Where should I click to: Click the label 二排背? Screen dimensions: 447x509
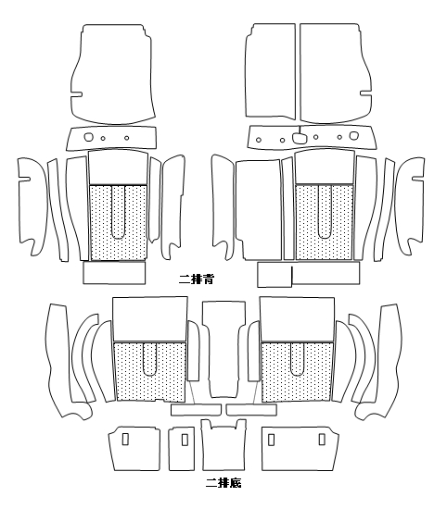pos(197,279)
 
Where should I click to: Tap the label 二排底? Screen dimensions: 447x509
pos(223,483)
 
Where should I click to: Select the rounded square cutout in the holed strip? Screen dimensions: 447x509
pos(300,138)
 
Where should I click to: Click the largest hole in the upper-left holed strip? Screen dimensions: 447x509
pos(89,137)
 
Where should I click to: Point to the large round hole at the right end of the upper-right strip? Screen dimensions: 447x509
pos(353,135)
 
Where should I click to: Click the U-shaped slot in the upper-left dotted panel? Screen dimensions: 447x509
pos(119,212)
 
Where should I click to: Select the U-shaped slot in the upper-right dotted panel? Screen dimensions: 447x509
pos(325,212)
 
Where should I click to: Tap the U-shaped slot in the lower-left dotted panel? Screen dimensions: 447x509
pos(149,359)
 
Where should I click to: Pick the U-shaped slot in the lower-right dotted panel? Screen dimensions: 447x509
pos(297,359)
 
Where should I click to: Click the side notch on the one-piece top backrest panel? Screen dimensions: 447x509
pos(76,94)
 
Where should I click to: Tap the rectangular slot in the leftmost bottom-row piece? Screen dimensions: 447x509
pos(125,440)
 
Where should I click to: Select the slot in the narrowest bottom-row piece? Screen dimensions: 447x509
pos(185,440)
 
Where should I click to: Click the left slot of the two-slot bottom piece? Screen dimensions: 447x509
pos(271,440)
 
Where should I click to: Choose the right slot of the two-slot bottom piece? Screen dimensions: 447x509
pos(322,440)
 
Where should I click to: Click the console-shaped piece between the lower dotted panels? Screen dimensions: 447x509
pos(223,349)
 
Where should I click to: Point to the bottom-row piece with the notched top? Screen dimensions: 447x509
pos(223,445)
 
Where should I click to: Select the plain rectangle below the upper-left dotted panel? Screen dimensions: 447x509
pos(114,273)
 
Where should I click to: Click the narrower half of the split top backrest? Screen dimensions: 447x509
pos(271,70)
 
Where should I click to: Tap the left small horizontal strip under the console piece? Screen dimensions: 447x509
pos(196,410)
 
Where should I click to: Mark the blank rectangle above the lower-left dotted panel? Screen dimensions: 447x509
pos(149,318)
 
